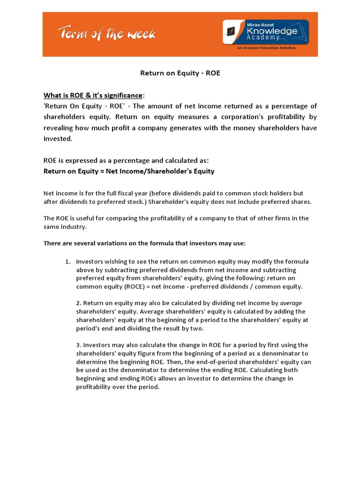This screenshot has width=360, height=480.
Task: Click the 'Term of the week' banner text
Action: point(106,34)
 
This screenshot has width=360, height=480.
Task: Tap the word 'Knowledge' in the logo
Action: point(275,31)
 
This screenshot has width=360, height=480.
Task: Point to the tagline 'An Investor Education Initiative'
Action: point(266,48)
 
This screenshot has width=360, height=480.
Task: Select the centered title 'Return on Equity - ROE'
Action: point(180,73)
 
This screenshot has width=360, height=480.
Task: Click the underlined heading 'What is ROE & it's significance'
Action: point(92,95)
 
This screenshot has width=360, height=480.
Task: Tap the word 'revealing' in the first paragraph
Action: point(59,128)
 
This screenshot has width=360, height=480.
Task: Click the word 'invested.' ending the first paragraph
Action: point(59,139)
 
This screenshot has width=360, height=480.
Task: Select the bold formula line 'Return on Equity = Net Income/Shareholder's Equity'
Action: point(129,171)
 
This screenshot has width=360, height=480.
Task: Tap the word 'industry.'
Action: point(73,226)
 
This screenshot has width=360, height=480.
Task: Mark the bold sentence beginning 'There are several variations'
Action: point(144,243)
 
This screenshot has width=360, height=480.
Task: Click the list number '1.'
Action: point(67,262)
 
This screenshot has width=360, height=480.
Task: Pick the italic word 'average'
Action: point(291,303)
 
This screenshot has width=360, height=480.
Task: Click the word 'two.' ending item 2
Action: point(184,329)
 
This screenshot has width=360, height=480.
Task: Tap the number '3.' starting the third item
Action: point(79,345)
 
